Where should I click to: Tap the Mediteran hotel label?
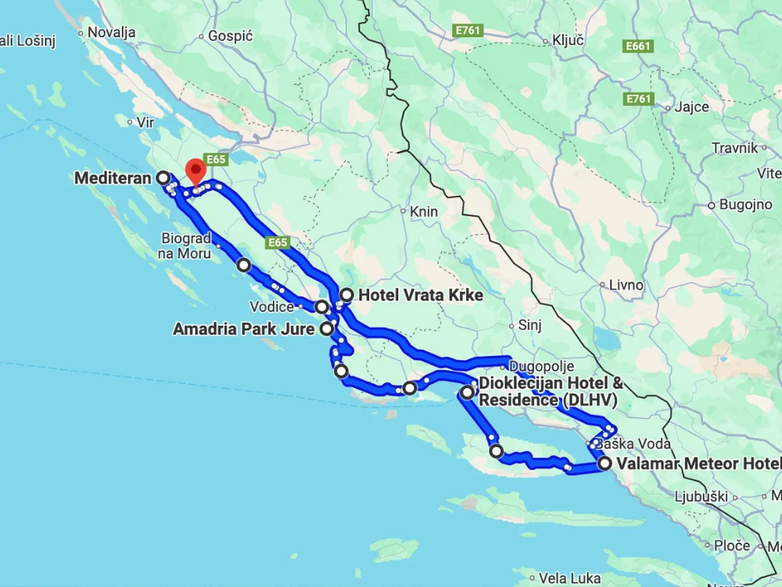point(113,178)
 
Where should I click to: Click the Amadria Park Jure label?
point(243,330)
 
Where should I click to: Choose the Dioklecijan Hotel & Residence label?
point(551,391)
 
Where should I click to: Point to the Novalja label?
point(113,32)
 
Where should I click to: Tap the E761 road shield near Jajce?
point(639,99)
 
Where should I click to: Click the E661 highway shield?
point(638,47)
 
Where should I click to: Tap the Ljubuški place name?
point(702,496)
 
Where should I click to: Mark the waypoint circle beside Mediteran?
point(163,178)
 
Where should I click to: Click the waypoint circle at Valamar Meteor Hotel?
point(604,463)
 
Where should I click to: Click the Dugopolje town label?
point(542,366)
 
